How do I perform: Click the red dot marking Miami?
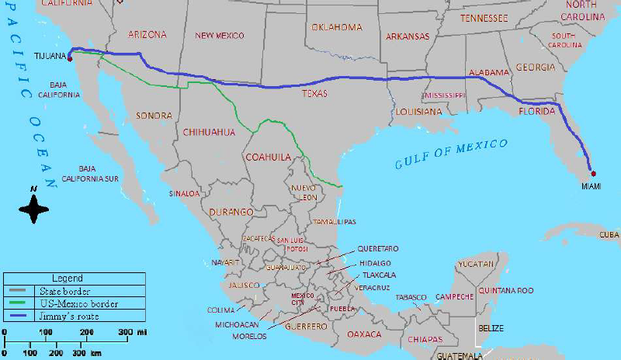[x=593, y=172]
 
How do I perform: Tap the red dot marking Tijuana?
[x=68, y=56]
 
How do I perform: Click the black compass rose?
[x=33, y=209]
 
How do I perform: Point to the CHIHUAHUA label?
[x=209, y=132]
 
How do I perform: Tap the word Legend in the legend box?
[x=67, y=278]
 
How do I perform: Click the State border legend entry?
[x=55, y=290]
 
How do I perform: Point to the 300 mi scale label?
[x=130, y=332]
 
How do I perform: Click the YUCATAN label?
[x=476, y=264]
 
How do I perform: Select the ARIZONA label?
[x=147, y=35]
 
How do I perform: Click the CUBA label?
[x=609, y=234]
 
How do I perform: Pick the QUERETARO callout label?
[x=377, y=248]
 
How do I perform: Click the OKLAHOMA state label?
[x=337, y=27]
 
